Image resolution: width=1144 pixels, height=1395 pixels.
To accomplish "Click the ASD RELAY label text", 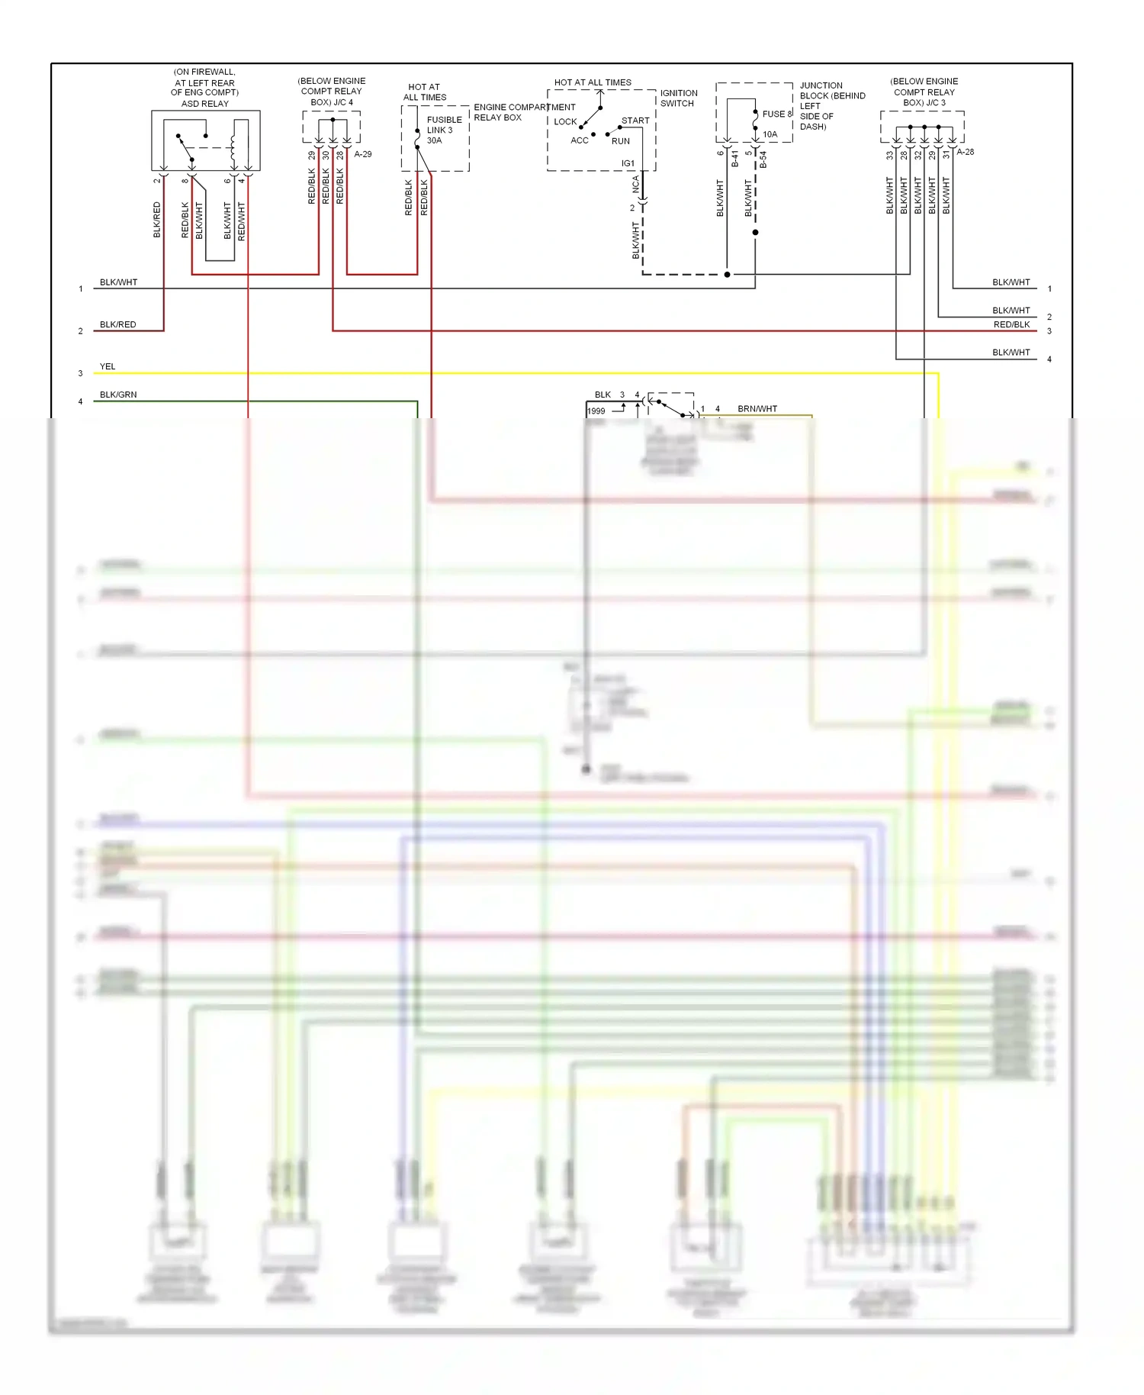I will [204, 103].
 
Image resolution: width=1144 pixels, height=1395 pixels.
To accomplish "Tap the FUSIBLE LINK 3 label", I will [444, 124].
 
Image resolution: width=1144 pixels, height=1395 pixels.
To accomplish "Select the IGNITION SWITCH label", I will [678, 98].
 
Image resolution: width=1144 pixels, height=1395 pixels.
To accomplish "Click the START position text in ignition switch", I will [635, 121].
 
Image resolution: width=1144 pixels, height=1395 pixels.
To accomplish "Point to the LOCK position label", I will [565, 121].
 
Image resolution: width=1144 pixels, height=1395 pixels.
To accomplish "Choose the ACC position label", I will [580, 140].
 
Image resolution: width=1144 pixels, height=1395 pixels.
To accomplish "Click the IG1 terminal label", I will [628, 163].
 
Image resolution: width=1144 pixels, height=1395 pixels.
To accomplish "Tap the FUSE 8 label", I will [777, 114].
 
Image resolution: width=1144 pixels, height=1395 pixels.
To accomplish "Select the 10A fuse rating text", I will [770, 134].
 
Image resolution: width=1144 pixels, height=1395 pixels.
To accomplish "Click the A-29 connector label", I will [363, 154].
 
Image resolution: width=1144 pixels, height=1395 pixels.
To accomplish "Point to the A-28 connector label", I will [966, 152].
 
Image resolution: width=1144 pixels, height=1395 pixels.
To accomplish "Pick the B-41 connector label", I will [735, 159].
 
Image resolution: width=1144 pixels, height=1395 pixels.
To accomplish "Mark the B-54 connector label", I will [763, 159].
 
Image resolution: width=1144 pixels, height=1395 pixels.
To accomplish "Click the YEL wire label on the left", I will [108, 366].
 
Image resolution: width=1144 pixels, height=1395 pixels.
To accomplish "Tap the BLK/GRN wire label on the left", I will [118, 395].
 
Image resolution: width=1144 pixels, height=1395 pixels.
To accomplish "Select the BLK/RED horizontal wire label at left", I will [117, 324].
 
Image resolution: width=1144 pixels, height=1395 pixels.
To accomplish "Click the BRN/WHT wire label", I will [757, 408].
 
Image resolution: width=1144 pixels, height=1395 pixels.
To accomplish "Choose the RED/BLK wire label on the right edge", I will [1011, 324].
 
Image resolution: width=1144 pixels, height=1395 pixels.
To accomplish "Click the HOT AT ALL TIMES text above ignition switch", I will [593, 82].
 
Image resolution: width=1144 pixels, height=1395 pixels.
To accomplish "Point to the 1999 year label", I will [596, 411].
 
